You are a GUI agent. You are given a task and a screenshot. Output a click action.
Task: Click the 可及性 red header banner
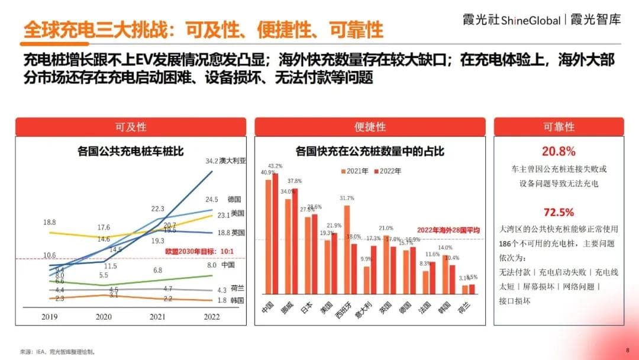click(x=130, y=127)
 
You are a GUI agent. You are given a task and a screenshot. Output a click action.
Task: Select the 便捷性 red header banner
click(x=370, y=127)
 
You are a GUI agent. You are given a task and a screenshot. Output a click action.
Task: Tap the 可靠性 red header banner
click(x=559, y=127)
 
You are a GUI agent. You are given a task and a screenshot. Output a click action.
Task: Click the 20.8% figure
click(x=559, y=151)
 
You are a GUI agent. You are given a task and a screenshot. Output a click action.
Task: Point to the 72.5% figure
click(x=559, y=212)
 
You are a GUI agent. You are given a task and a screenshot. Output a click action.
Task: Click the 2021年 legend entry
click(x=357, y=171)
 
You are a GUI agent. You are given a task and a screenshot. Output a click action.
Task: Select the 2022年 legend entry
click(x=389, y=171)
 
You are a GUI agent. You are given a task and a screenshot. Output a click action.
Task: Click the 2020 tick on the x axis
click(x=104, y=317)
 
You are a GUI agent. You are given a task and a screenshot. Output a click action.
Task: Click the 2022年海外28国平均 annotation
click(x=448, y=230)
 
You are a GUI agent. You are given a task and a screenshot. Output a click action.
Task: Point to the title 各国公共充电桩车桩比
click(x=130, y=152)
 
